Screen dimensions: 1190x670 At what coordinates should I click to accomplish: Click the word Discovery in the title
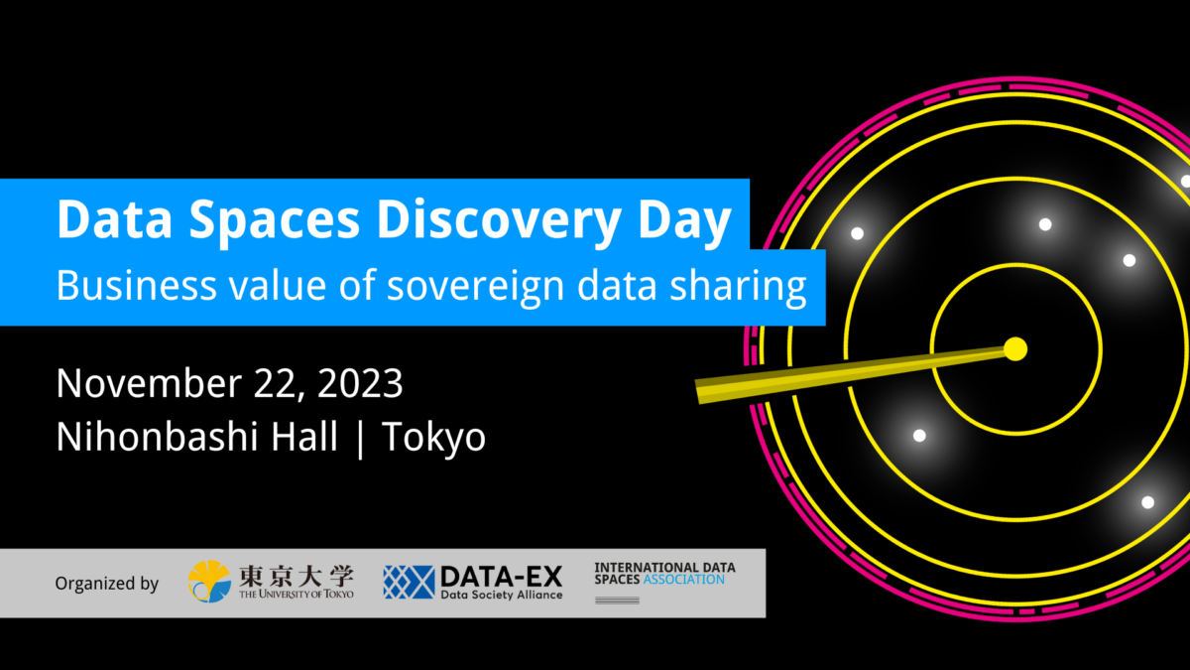click(x=499, y=219)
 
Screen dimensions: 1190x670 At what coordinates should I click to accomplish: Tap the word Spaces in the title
click(x=275, y=220)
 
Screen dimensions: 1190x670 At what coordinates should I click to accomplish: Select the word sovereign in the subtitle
click(x=475, y=287)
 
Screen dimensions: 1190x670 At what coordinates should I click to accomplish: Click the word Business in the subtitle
click(x=137, y=285)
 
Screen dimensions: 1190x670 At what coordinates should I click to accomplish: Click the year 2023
click(x=360, y=383)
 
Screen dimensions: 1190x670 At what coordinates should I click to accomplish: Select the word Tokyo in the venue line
click(x=433, y=438)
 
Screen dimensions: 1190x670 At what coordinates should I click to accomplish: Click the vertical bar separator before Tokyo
click(x=361, y=438)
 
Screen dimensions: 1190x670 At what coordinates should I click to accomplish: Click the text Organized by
click(x=107, y=584)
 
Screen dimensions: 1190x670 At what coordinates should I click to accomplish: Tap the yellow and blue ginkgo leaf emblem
click(x=209, y=582)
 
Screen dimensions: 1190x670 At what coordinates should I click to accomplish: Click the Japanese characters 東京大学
click(x=296, y=576)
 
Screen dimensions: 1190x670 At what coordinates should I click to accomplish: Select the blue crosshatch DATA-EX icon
click(x=409, y=582)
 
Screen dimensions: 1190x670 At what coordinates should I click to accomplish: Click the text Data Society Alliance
click(x=502, y=595)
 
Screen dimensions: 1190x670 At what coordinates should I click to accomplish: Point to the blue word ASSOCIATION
click(x=683, y=580)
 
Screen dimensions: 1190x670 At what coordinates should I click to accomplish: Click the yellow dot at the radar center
click(x=1015, y=348)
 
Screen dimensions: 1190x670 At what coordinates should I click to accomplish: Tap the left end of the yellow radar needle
click(x=697, y=392)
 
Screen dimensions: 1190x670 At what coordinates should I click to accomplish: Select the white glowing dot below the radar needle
click(x=919, y=436)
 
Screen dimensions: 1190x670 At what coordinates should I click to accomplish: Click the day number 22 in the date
click(x=278, y=384)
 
